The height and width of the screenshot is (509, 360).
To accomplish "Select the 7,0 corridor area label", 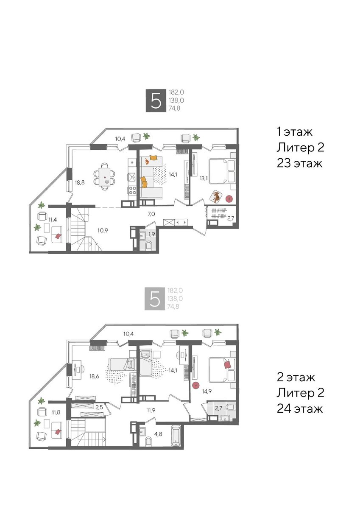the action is point(151,214).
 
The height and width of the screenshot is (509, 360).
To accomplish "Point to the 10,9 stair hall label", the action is point(103,230).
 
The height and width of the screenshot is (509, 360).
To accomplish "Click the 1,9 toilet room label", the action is point(151,235).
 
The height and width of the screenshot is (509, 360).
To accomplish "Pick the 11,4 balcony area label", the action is point(53,219).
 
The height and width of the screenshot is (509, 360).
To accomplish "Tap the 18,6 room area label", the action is point(94,376).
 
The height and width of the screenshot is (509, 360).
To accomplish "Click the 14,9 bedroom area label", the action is point(207,391).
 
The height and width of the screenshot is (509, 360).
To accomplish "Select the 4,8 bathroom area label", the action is point(159,434).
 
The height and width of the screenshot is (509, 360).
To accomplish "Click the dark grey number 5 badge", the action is point(156,101).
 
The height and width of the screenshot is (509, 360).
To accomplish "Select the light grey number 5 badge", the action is point(154,299).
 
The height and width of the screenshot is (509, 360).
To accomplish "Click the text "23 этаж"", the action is point(299,163).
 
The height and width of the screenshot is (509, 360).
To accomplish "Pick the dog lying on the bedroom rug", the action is point(216,196).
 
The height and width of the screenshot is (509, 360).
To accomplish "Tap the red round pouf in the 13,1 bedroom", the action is point(229,199).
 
